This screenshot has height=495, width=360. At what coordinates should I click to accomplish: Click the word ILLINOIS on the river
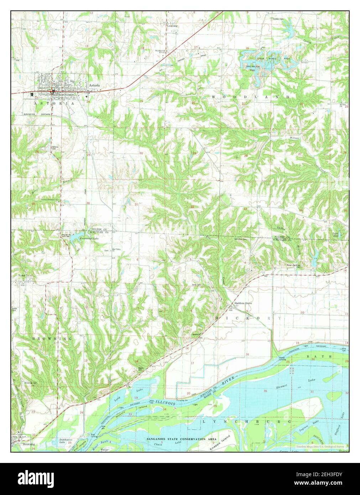[x=162, y=402]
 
